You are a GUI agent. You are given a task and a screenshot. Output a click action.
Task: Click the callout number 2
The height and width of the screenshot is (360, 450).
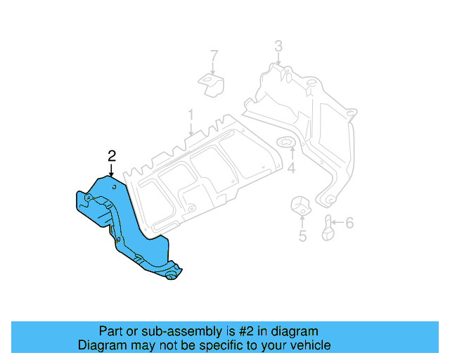pos(111,156)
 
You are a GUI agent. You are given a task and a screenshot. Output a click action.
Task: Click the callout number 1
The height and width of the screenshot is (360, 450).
pos(190,113)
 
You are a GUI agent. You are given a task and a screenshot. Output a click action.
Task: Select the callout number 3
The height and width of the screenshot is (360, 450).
pos(278,47)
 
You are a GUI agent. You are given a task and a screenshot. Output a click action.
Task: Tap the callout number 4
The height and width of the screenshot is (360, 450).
pos(291,168)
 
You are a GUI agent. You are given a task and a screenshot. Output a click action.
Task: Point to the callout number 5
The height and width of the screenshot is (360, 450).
pos(302,236)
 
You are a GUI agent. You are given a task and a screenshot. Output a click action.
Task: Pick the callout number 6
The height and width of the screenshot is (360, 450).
pos(349,224)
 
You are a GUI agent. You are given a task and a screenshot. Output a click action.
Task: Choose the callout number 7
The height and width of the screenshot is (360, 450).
pos(214,56)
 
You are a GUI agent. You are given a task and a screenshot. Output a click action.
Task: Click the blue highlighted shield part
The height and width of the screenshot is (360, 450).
pos(127,225)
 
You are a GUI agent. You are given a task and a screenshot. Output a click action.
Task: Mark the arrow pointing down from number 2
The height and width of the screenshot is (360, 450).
pos(111,169)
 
